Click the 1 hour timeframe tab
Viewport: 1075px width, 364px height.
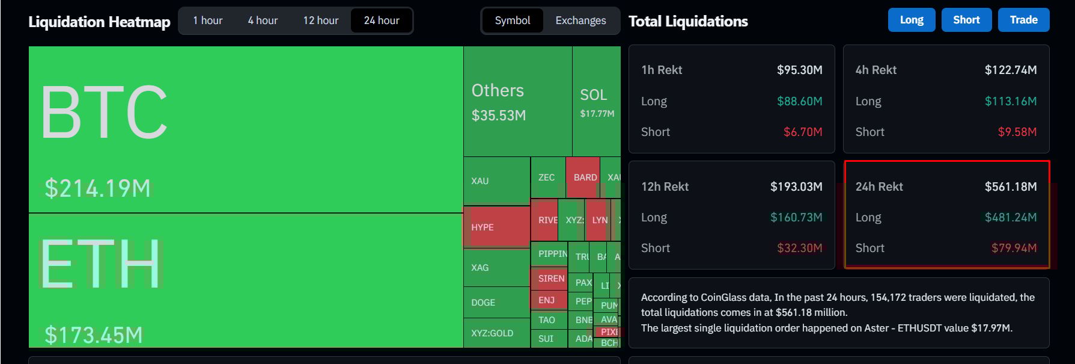207,20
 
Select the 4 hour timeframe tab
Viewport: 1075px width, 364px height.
263,20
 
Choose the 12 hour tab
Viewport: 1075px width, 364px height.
320,20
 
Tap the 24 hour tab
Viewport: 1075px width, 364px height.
382,20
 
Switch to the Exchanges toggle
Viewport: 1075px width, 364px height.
580,20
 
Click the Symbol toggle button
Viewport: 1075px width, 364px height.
513,20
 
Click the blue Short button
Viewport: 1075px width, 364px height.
966,20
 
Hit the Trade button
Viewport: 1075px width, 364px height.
1023,20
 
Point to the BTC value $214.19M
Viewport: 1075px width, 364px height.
97,188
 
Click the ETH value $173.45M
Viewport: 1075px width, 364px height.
94,335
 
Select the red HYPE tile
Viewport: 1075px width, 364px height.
496,227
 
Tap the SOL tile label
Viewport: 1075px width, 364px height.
593,95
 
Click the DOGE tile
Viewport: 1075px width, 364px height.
496,302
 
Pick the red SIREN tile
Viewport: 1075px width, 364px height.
550,278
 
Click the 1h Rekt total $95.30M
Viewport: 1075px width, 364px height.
799,70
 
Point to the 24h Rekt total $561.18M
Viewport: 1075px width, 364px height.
1010,187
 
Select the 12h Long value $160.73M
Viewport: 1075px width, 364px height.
796,217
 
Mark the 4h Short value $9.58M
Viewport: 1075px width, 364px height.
1017,132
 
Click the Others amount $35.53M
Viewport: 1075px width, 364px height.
499,115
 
